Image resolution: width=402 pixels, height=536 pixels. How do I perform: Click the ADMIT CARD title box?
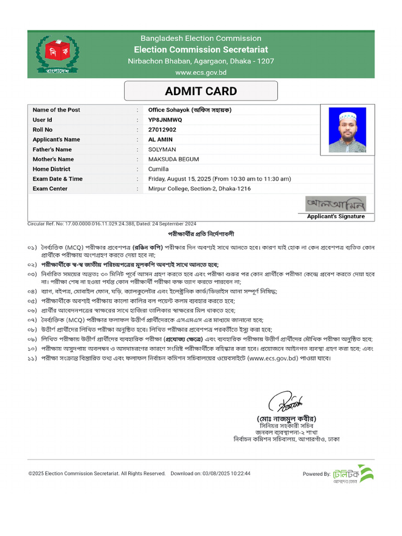tap(200, 91)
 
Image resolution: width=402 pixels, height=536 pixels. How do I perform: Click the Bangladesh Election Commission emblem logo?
tap(59, 54)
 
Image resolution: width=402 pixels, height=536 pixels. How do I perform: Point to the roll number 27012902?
tap(162, 130)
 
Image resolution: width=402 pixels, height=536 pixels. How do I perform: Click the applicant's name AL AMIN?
tap(161, 140)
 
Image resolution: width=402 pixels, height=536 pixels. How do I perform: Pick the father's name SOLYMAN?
tap(162, 150)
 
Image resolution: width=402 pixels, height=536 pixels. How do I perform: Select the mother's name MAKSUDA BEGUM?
tap(173, 159)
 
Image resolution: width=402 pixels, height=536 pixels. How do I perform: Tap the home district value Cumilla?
tap(159, 169)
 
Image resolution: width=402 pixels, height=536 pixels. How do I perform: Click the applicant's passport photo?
tap(347, 130)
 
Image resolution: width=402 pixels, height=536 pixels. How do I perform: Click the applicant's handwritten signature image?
tap(336, 203)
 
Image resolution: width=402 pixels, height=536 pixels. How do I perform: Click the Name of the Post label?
tap(57, 110)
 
